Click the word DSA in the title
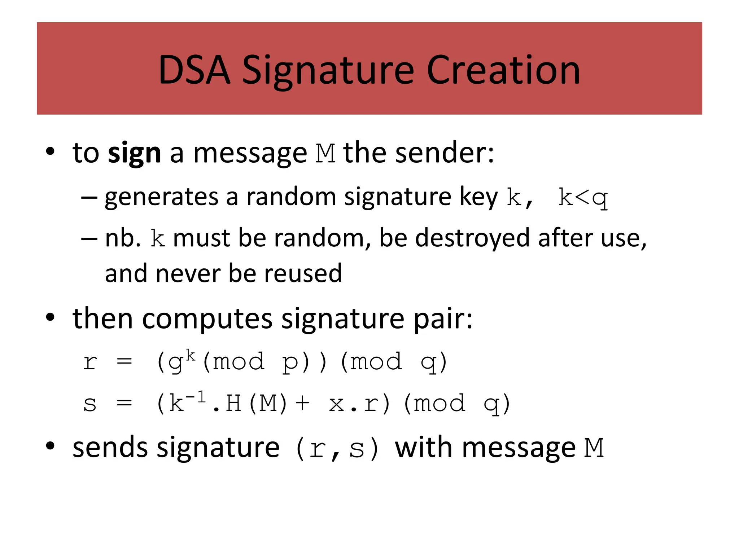(x=194, y=70)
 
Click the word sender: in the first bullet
(x=445, y=153)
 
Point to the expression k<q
(x=583, y=198)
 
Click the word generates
(x=162, y=198)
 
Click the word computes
(x=207, y=319)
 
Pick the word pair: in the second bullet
(x=443, y=319)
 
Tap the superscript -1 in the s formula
(x=197, y=397)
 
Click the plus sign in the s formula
(x=302, y=403)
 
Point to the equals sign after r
(x=124, y=361)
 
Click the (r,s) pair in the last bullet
(x=337, y=449)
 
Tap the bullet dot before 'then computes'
(x=50, y=317)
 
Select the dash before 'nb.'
(x=89, y=238)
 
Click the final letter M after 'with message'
(x=594, y=448)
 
